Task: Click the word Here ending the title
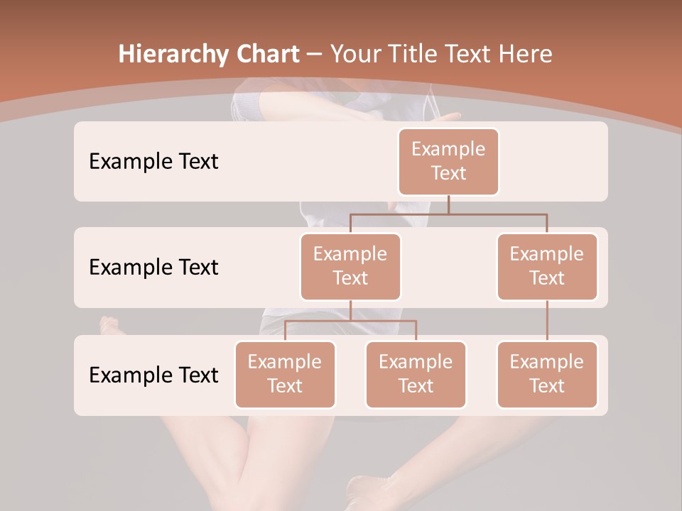(x=526, y=54)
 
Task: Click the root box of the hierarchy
(x=448, y=161)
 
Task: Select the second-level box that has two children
(x=350, y=266)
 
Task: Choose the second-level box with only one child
(x=547, y=266)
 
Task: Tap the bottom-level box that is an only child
(x=547, y=374)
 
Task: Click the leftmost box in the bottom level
(x=285, y=374)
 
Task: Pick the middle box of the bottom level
(x=416, y=374)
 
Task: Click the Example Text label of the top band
(x=153, y=161)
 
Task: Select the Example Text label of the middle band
(x=153, y=267)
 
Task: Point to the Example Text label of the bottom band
(x=153, y=375)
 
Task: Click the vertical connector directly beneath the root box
(x=448, y=204)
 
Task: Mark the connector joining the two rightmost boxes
(x=547, y=320)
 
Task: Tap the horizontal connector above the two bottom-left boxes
(x=350, y=321)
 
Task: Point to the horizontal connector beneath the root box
(x=497, y=213)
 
